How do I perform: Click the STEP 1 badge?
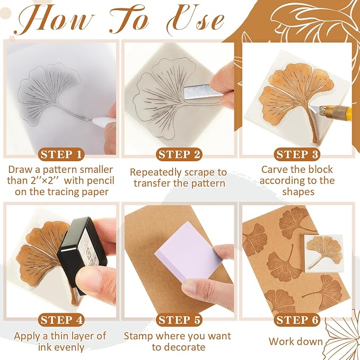61,154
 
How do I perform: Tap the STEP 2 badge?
179,154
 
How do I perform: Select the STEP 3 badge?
297,154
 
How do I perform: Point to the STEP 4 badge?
61,320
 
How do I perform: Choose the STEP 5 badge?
179,320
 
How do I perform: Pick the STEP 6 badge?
297,320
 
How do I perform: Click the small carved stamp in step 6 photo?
324,253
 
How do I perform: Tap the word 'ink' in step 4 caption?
44,347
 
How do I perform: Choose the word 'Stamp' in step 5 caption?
138,336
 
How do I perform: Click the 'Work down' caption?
296,341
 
